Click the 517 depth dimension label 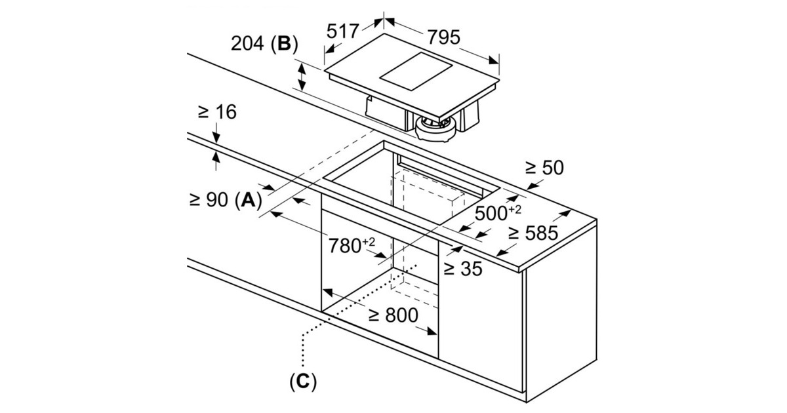pos(342,31)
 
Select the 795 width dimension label pos(443,37)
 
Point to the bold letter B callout pos(284,44)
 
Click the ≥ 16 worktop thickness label pos(218,112)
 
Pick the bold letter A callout pos(249,200)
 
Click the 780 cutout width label pos(344,245)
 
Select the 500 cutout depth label pos(491,213)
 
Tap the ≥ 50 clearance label pos(544,168)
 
